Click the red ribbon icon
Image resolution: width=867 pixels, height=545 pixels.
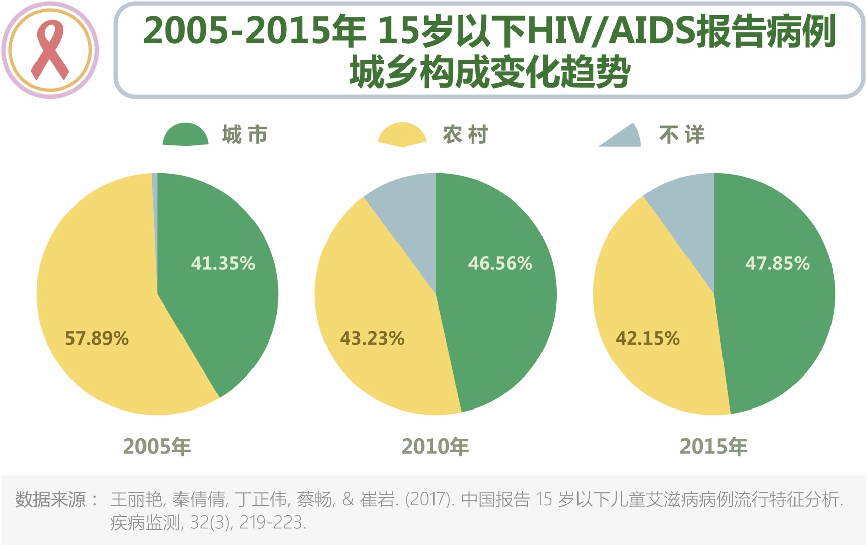pos(50,50)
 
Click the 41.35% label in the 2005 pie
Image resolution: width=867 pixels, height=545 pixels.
pos(223,263)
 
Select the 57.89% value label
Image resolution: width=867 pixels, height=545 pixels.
pos(97,338)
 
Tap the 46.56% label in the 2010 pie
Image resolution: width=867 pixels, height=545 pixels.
pos(500,263)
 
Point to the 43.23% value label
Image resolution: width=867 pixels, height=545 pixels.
pos(372,338)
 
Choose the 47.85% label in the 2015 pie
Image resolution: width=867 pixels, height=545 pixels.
pos(777,263)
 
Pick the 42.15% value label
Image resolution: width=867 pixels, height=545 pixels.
pos(647,338)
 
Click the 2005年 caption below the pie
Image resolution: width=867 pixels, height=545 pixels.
pos(157,447)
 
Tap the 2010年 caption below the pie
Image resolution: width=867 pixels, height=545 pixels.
pos(436,447)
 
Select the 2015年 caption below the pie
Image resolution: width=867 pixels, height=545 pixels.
pos(713,447)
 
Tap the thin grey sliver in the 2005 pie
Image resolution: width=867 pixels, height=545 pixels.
pos(155,203)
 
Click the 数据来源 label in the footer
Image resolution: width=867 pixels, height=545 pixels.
pos(51,500)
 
